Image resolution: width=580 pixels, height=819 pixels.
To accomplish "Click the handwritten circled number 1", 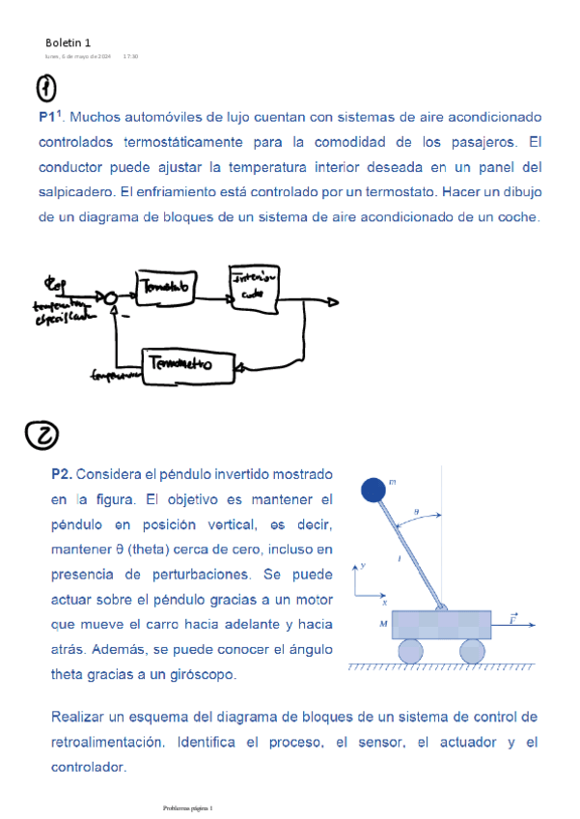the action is click(x=46, y=88).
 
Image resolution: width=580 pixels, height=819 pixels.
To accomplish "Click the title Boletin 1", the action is click(x=68, y=42).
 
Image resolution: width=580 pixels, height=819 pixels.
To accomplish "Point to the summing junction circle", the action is click(x=112, y=297).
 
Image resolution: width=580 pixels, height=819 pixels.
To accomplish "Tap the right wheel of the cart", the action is click(x=472, y=651).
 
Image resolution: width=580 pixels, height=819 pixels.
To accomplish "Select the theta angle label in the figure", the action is click(x=416, y=514).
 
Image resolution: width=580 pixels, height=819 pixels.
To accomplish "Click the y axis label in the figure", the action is click(x=363, y=564).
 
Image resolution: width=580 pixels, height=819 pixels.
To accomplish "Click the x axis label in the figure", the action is click(x=383, y=601).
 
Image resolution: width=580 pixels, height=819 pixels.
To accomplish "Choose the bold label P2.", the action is click(x=62, y=474).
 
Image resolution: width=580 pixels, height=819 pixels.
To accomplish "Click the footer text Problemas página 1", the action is click(x=187, y=806).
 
